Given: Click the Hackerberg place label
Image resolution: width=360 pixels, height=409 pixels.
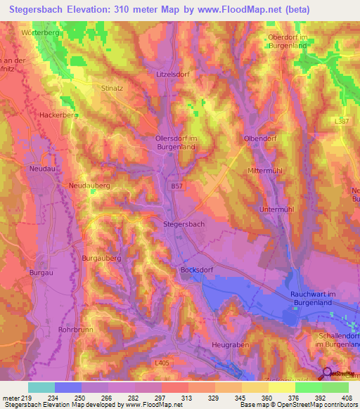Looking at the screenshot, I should point(58,115).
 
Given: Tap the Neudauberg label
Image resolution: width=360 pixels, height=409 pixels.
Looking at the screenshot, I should point(90,185).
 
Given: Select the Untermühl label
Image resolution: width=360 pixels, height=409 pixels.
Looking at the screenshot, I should point(276,209).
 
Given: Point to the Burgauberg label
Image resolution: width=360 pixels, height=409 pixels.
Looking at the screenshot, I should point(102,259).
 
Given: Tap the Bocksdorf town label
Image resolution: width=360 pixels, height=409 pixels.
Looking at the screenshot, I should point(197,269).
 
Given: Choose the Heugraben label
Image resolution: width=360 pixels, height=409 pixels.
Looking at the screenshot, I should point(231,346).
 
